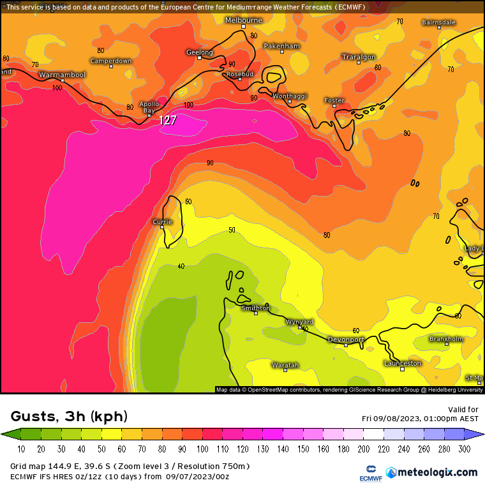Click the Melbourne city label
tap(243, 20)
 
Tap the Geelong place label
tap(199, 52)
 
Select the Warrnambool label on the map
tap(62, 75)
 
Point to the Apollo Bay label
tap(149, 107)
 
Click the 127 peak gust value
tap(168, 119)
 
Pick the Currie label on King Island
tap(162, 221)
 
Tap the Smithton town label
tap(255, 308)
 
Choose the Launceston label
tap(402, 363)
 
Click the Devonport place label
tap(346, 339)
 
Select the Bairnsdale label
tap(438, 22)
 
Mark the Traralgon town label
tap(358, 57)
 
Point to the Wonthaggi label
tap(290, 96)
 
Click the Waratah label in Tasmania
tap(285, 365)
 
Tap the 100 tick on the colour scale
tap(209, 449)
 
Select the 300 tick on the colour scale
tap(464, 449)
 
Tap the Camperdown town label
tap(110, 61)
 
